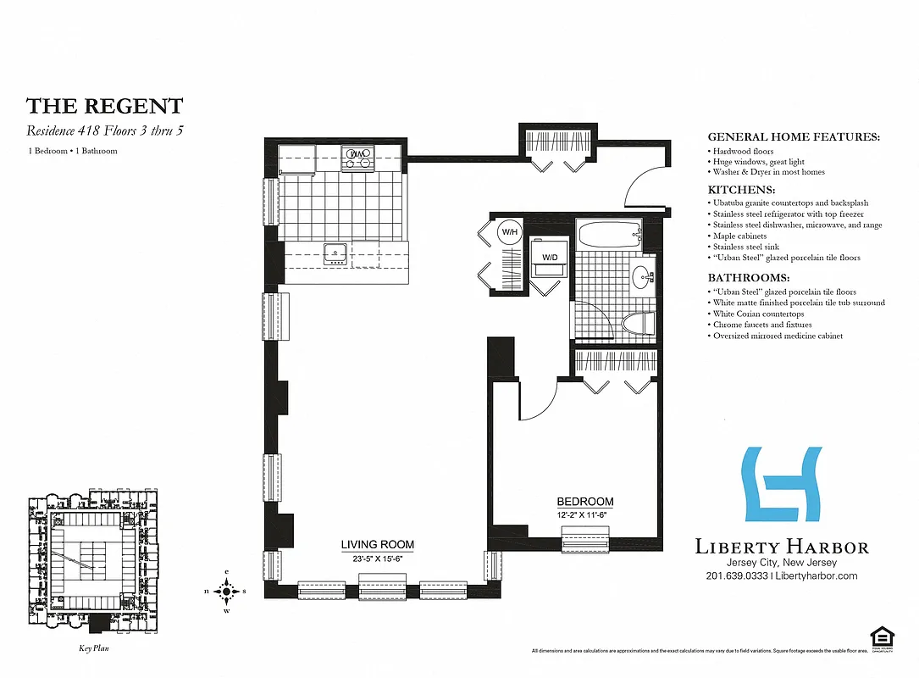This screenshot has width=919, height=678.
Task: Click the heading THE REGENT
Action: point(104,106)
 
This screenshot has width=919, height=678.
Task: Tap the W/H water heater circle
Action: point(509,231)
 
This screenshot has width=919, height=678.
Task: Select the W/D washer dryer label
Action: point(550,257)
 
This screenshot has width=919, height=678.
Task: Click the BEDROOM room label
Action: point(584,502)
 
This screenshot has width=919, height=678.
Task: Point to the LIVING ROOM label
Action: point(378,545)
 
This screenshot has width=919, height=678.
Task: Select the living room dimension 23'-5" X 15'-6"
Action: point(378,559)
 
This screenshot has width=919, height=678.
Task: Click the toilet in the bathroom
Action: point(638,323)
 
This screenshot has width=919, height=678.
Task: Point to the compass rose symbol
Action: point(226,591)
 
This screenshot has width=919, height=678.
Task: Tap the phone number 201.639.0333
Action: point(735,576)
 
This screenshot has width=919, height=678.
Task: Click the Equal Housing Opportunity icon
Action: point(882,639)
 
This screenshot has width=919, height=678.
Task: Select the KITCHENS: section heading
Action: point(741,191)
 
